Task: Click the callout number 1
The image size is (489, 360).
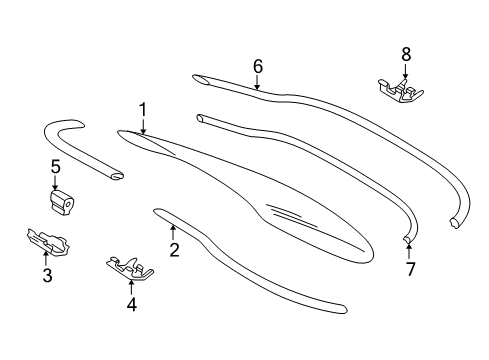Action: (x=143, y=109)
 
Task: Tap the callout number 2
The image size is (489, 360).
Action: (x=175, y=250)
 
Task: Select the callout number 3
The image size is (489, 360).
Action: (x=47, y=275)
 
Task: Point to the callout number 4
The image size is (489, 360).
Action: (x=132, y=305)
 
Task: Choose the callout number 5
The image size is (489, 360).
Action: (x=56, y=167)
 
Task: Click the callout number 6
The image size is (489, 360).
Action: (x=258, y=66)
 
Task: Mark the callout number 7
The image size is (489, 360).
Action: (x=410, y=269)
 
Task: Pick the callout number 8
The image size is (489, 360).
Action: (x=406, y=54)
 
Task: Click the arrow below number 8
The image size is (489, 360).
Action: (x=406, y=72)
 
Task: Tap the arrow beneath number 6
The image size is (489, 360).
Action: (x=257, y=82)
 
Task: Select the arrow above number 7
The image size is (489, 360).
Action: (x=409, y=252)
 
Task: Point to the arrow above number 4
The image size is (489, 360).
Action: (x=131, y=287)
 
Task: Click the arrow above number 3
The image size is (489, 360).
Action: (x=46, y=259)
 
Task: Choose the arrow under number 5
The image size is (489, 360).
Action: (x=55, y=183)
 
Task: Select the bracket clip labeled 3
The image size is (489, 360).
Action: (x=48, y=241)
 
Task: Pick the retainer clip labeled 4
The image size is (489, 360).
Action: (x=130, y=268)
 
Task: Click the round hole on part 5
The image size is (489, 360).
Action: (x=69, y=203)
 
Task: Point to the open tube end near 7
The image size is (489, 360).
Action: (x=407, y=238)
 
